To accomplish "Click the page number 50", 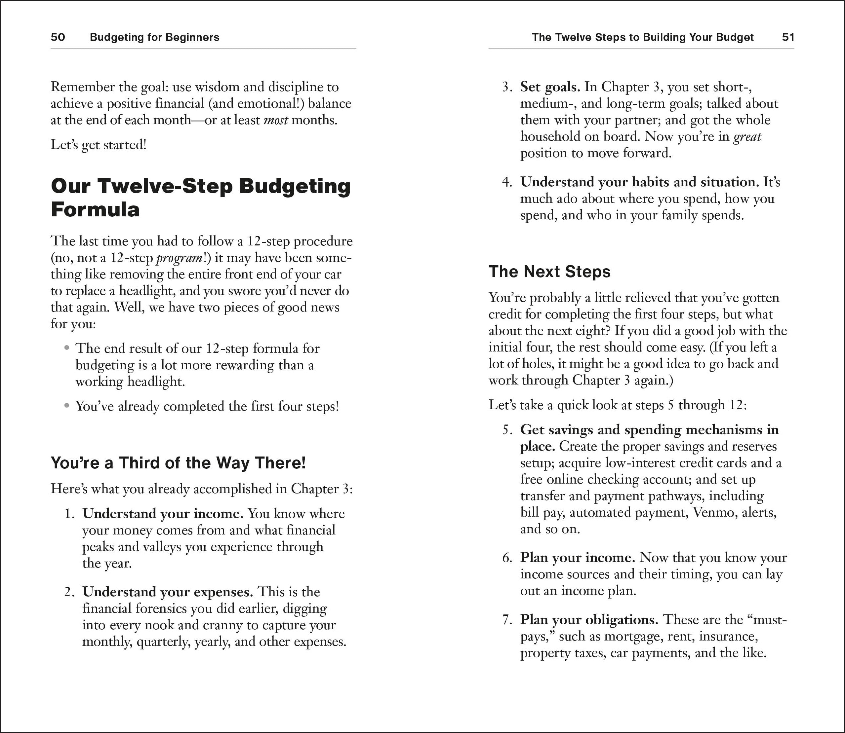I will pyautogui.click(x=58, y=37).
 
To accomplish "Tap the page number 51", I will pyautogui.click(x=788, y=37).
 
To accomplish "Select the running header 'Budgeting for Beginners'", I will pyautogui.click(x=154, y=37).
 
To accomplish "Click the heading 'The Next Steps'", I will pyautogui.click(x=549, y=272).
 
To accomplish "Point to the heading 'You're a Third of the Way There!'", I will pyautogui.click(x=178, y=462).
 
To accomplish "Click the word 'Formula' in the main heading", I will pyautogui.click(x=95, y=209).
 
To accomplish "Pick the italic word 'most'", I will pyautogui.click(x=275, y=120).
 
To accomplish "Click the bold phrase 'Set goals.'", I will pyautogui.click(x=550, y=87).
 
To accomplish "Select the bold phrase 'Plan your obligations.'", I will pyautogui.click(x=589, y=620).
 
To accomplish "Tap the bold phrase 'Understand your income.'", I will pyautogui.click(x=163, y=513).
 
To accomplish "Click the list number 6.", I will pyautogui.click(x=506, y=558).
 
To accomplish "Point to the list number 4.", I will pyautogui.click(x=506, y=182).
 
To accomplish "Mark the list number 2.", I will pyautogui.click(x=69, y=592).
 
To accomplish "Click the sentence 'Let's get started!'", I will pyautogui.click(x=98, y=145).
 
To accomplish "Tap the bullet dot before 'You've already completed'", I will pyautogui.click(x=67, y=406).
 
